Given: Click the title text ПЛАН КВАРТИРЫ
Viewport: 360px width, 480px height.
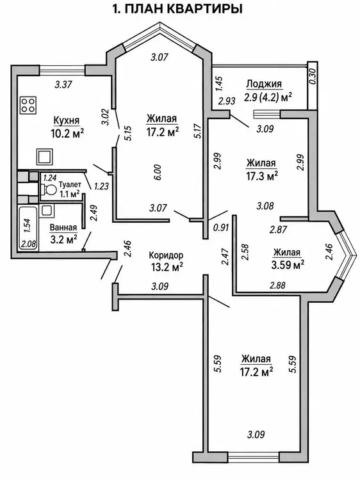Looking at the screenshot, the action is point(184,9).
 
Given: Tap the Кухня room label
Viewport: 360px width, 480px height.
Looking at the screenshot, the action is point(66,120).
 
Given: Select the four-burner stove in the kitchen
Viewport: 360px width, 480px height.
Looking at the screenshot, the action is point(28,105).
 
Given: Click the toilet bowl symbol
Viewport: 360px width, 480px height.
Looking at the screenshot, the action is point(48,191).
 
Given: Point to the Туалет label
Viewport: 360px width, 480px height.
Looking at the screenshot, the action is point(70,185).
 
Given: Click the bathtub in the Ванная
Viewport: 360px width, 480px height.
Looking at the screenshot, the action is point(28,228).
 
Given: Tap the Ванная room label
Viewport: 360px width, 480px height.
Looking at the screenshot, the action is point(63,227).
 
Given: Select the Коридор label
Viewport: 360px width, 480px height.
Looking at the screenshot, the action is point(166,255).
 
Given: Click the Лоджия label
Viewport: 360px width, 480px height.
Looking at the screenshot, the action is point(264,84).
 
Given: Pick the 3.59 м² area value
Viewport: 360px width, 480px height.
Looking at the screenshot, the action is point(288,264).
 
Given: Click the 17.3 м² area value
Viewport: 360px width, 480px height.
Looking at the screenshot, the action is point(261,176).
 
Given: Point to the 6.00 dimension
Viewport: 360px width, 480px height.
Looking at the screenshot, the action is point(158,173).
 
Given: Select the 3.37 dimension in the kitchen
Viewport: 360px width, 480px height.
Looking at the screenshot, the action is point(63,84).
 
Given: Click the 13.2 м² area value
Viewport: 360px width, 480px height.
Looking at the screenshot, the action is point(167,268).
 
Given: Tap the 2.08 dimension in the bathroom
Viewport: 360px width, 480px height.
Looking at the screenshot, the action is point(28,244).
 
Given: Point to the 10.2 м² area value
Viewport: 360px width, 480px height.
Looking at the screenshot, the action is point(67,134).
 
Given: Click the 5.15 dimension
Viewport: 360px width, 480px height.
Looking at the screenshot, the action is point(128,133).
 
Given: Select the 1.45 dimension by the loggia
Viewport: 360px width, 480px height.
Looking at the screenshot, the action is point(219,84).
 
